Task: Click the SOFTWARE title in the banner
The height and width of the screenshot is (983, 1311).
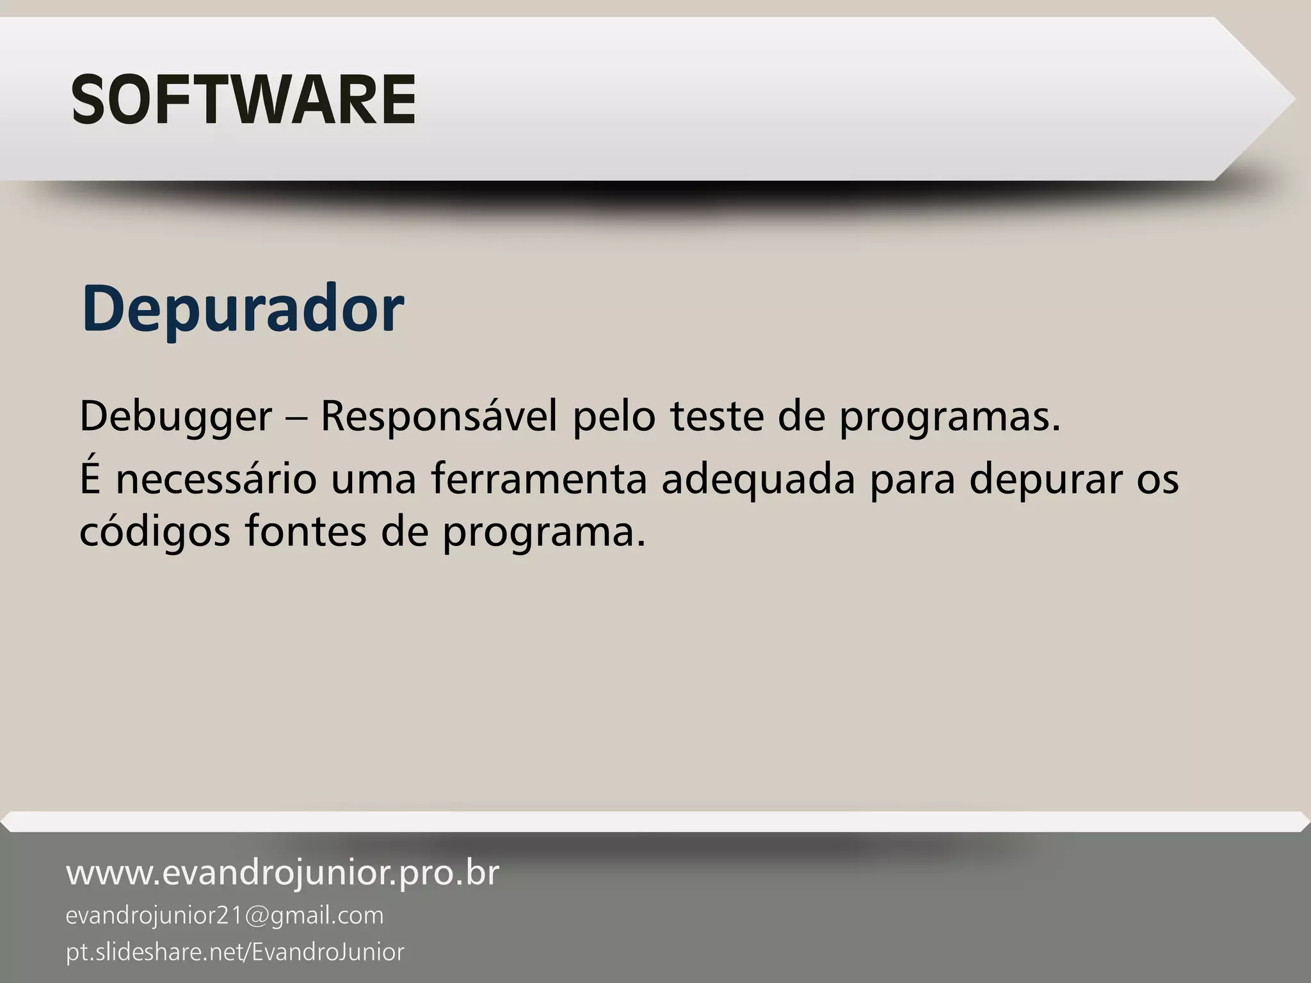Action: point(243,100)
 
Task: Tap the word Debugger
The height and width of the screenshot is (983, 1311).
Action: point(175,417)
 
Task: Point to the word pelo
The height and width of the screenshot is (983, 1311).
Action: point(613,417)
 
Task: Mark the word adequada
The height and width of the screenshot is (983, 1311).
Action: point(758,480)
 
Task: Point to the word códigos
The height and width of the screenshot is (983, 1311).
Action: point(154,532)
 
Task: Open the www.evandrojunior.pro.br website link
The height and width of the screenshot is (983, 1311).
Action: point(282,873)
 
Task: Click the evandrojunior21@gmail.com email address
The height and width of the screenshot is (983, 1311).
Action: point(225,916)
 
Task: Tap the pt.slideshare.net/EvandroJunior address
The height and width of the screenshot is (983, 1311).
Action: point(235,952)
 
